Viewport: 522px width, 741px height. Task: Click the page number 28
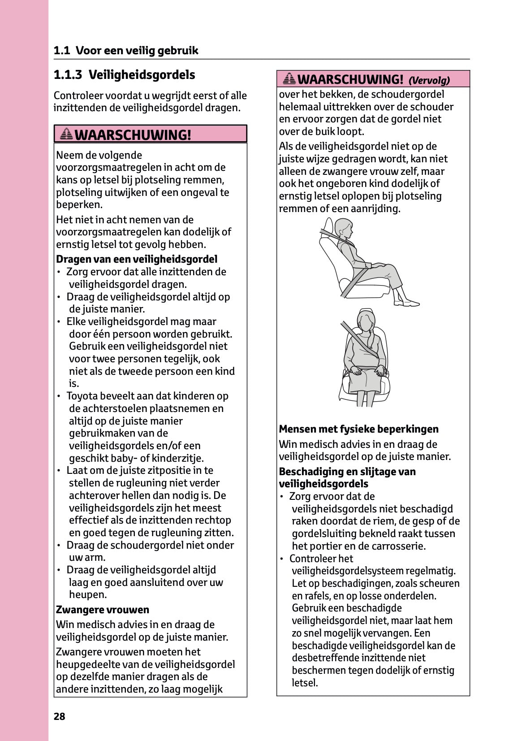point(59,716)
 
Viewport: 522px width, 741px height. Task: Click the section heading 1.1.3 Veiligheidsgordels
point(124,74)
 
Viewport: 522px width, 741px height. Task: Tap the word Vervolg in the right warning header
point(429,81)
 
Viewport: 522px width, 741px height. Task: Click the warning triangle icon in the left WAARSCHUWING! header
point(66,134)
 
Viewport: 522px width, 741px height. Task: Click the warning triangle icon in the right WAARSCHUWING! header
point(289,79)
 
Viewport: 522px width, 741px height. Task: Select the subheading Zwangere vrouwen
point(103,610)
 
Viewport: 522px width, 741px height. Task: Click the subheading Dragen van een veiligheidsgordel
point(137,259)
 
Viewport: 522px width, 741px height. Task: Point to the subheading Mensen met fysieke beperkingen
point(358,429)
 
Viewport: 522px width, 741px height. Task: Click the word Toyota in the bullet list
point(82,396)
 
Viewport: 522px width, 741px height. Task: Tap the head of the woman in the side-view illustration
point(343,229)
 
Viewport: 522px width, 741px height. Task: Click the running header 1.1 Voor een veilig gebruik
point(126,50)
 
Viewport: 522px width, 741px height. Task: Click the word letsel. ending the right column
point(305,683)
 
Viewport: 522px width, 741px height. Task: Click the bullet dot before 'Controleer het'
point(282,559)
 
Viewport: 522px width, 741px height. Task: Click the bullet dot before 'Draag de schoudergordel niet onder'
point(59,546)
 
